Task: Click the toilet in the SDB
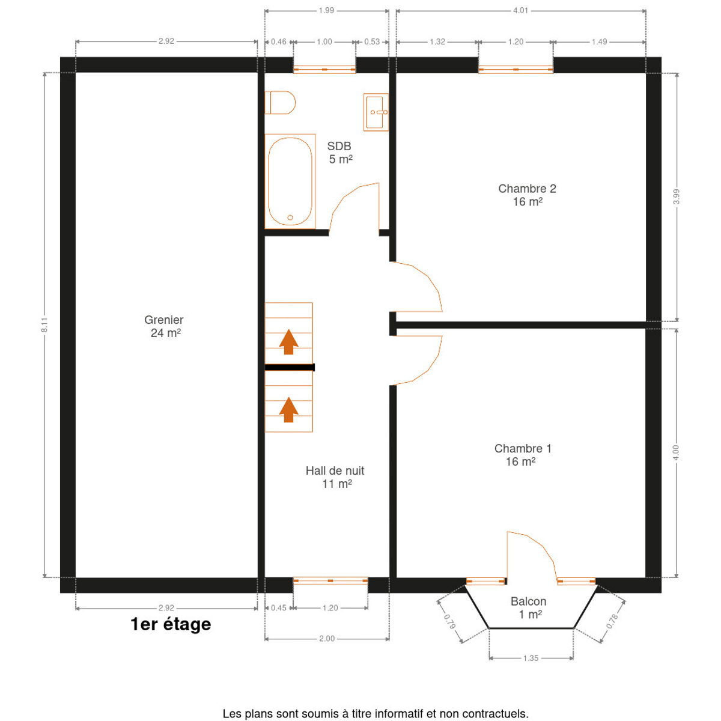click(x=280, y=103)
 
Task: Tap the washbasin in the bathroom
click(x=376, y=112)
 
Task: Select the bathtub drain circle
click(x=290, y=218)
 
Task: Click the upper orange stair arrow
click(x=288, y=342)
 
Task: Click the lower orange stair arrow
click(x=288, y=410)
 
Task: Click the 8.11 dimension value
click(x=44, y=325)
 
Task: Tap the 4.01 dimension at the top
click(x=520, y=10)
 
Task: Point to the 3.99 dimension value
click(x=676, y=196)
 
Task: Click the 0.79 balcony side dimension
click(x=450, y=622)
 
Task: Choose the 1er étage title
click(x=171, y=624)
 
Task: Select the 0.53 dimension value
click(x=372, y=41)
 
